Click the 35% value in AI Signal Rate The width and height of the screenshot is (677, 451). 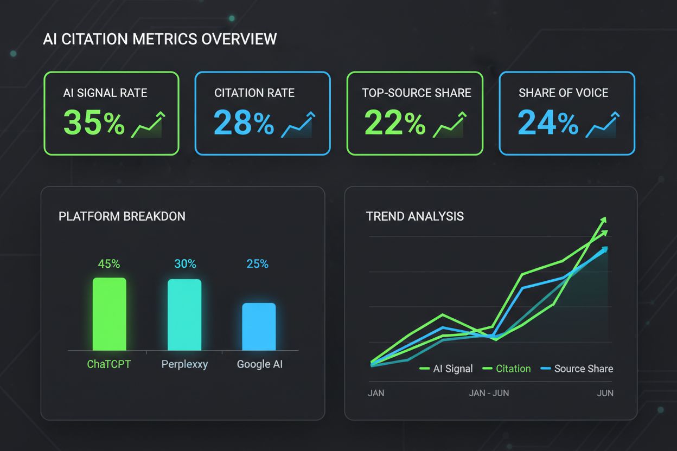coord(94,123)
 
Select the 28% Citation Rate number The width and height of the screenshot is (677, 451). coord(244,123)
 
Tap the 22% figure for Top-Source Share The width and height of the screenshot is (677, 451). coord(394,123)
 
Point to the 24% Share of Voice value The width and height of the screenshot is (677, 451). coord(548,123)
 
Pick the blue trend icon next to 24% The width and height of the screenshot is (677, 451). coord(603,125)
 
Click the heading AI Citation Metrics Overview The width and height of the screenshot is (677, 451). coord(159,40)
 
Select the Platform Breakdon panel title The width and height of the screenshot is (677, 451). coord(122,216)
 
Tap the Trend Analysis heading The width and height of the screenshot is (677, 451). coord(415,216)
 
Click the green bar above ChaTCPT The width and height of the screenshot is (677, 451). coord(109,314)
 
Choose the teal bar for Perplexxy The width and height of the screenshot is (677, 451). coord(184,315)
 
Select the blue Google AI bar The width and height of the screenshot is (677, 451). coord(259,327)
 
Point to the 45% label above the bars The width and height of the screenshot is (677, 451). coord(109,264)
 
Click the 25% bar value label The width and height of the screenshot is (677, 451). coord(257,264)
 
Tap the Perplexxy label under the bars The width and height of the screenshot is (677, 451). coord(184,364)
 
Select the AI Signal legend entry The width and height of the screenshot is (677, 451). coord(446,369)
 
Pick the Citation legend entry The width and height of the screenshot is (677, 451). coord(507,369)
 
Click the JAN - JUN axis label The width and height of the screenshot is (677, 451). coord(489,393)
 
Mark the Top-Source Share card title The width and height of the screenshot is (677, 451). coord(417,93)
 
